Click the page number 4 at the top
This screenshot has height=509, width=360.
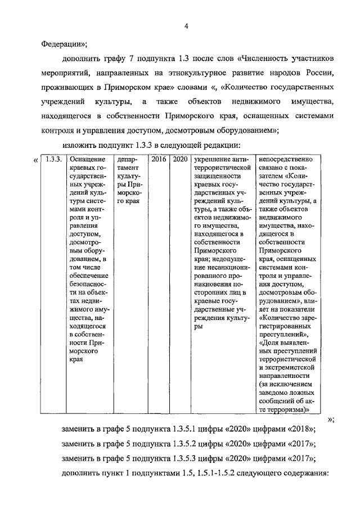186,26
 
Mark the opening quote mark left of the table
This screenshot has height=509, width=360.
36,160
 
